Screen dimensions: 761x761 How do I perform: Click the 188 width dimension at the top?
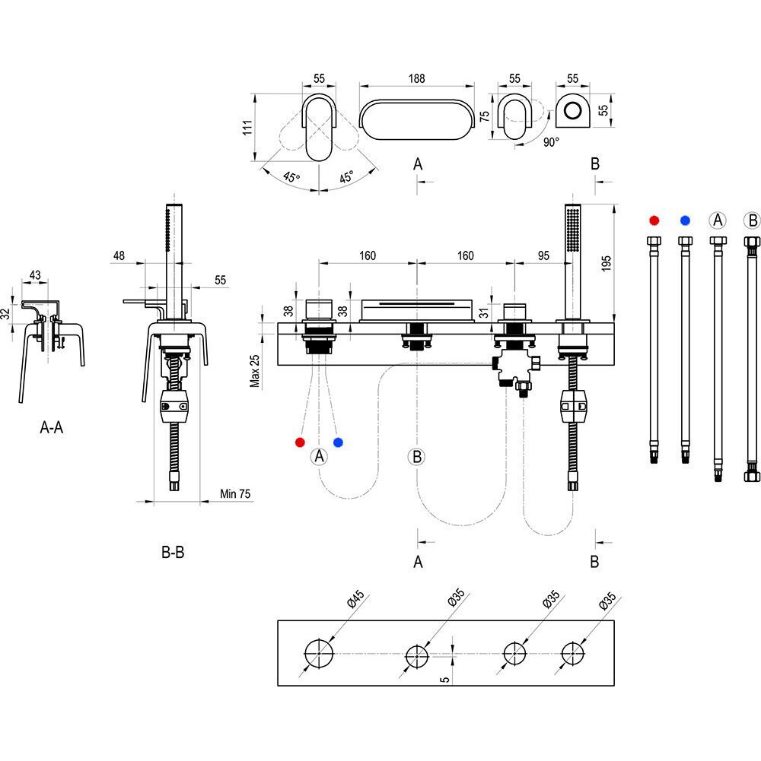(x=416, y=78)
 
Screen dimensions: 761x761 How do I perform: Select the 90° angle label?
(x=551, y=142)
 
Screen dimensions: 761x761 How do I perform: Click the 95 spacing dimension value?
(x=543, y=255)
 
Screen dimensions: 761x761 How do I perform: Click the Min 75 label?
(x=235, y=493)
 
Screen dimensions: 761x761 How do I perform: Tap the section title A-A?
(x=52, y=428)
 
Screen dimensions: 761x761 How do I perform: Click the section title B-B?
(x=173, y=553)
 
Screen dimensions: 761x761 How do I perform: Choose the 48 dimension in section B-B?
(x=118, y=256)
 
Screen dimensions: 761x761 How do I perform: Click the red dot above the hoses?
(x=654, y=220)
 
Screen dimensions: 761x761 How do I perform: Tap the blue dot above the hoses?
(x=686, y=220)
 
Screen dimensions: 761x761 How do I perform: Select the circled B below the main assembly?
(x=416, y=456)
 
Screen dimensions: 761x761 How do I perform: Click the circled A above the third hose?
(x=717, y=220)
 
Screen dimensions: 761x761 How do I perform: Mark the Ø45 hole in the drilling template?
(x=320, y=654)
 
